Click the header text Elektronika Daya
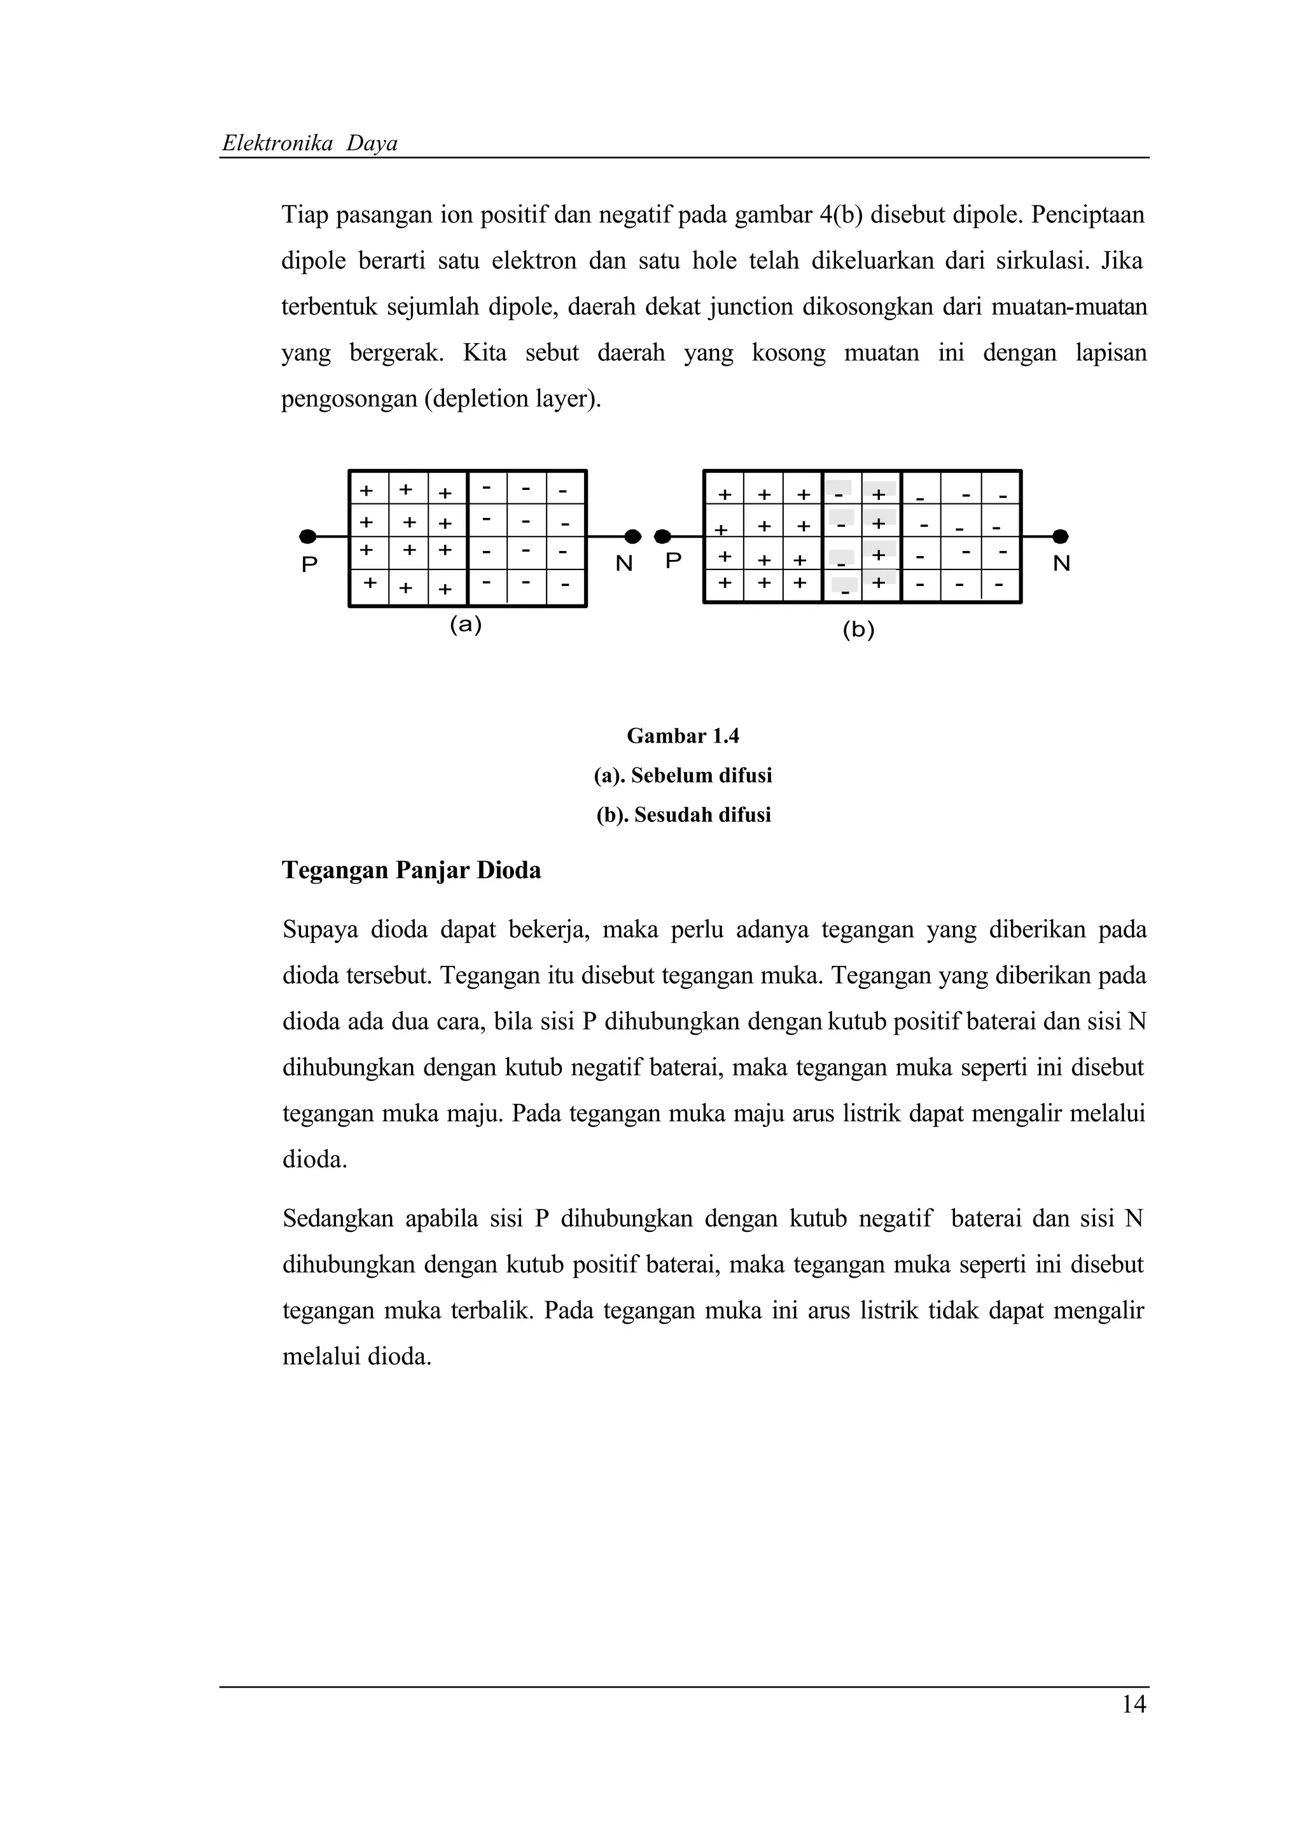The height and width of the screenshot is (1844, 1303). [309, 144]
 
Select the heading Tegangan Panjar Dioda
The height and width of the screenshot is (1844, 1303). [411, 870]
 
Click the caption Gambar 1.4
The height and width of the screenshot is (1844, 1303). [683, 736]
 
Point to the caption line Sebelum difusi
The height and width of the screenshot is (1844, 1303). [683, 776]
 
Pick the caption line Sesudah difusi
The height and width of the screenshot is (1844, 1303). [683, 815]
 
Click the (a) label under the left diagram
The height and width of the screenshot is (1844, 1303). [465, 624]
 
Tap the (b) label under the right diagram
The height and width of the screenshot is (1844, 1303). [858, 630]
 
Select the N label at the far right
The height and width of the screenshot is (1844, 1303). [1061, 564]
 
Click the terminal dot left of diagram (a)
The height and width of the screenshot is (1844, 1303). [307, 536]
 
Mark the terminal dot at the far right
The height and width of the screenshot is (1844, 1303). [1060, 536]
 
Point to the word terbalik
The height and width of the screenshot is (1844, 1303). [491, 1311]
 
